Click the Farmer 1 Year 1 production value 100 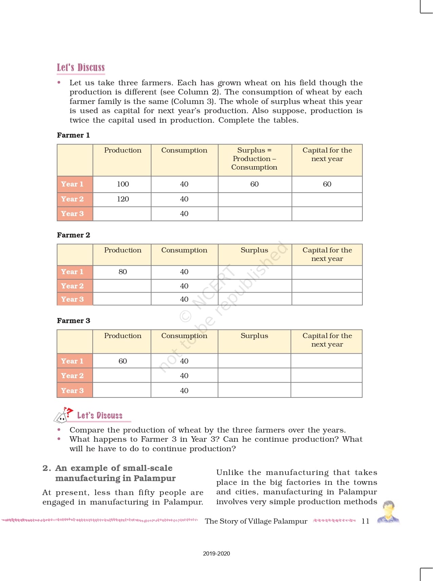point(123,184)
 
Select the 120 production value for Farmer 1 point(123,199)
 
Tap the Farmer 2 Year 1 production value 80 point(123,272)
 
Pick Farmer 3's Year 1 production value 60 point(123,361)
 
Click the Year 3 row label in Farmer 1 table point(72,214)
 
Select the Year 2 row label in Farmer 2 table point(72,286)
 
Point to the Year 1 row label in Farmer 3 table point(72,361)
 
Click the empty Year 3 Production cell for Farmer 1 point(122,214)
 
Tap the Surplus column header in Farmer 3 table point(254,336)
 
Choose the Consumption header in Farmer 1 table point(184,150)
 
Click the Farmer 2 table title point(73,235)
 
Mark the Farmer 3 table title point(73,321)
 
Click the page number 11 point(365,521)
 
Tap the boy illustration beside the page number point(389,512)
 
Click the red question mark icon point(69,411)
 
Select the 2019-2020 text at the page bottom point(216,553)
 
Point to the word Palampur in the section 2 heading point(155,478)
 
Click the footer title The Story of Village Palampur point(256,521)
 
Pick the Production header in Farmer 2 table point(123,250)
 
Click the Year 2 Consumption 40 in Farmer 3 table point(184,376)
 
